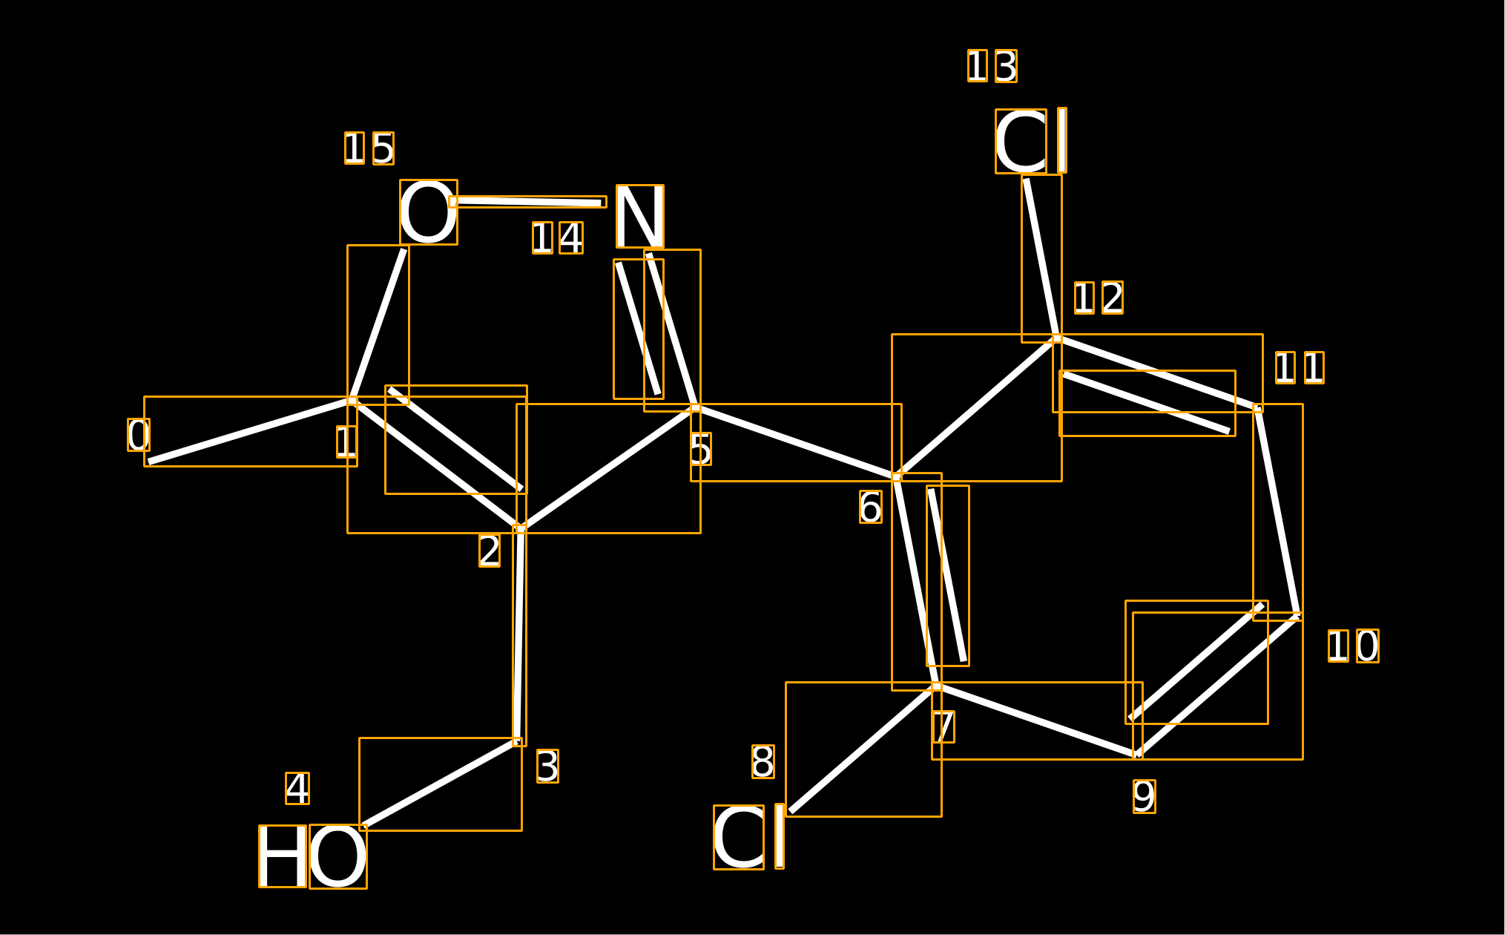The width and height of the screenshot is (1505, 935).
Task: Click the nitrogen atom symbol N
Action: pos(640,216)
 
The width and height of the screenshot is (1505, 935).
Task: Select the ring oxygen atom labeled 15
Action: pos(429,212)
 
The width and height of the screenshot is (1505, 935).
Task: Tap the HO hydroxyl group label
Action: pos(313,856)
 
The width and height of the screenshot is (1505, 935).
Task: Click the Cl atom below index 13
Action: pos(1031,141)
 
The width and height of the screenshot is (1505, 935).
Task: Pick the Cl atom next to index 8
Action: pos(749,837)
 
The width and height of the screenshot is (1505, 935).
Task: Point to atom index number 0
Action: pos(139,435)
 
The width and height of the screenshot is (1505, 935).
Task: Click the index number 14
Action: pos(558,238)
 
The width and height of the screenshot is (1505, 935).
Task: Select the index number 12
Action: pos(1099,298)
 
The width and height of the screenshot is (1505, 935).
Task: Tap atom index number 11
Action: pos(1300,368)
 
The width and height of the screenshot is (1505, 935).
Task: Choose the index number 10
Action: pos(1354,646)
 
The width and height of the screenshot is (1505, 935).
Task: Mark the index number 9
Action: pos(1145,796)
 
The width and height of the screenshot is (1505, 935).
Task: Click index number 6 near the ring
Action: pos(871,507)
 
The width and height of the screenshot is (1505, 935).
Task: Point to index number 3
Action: pos(547,767)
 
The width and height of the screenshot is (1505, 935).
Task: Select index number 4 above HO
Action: pos(297,788)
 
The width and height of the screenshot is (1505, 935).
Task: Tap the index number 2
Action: pos(490,551)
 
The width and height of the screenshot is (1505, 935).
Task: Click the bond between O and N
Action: pos(527,202)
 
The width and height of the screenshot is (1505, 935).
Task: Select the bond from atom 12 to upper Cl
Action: pos(1041,258)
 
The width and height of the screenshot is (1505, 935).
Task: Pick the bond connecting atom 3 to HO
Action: pos(441,784)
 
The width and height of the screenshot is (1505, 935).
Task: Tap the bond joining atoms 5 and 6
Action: pos(796,442)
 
